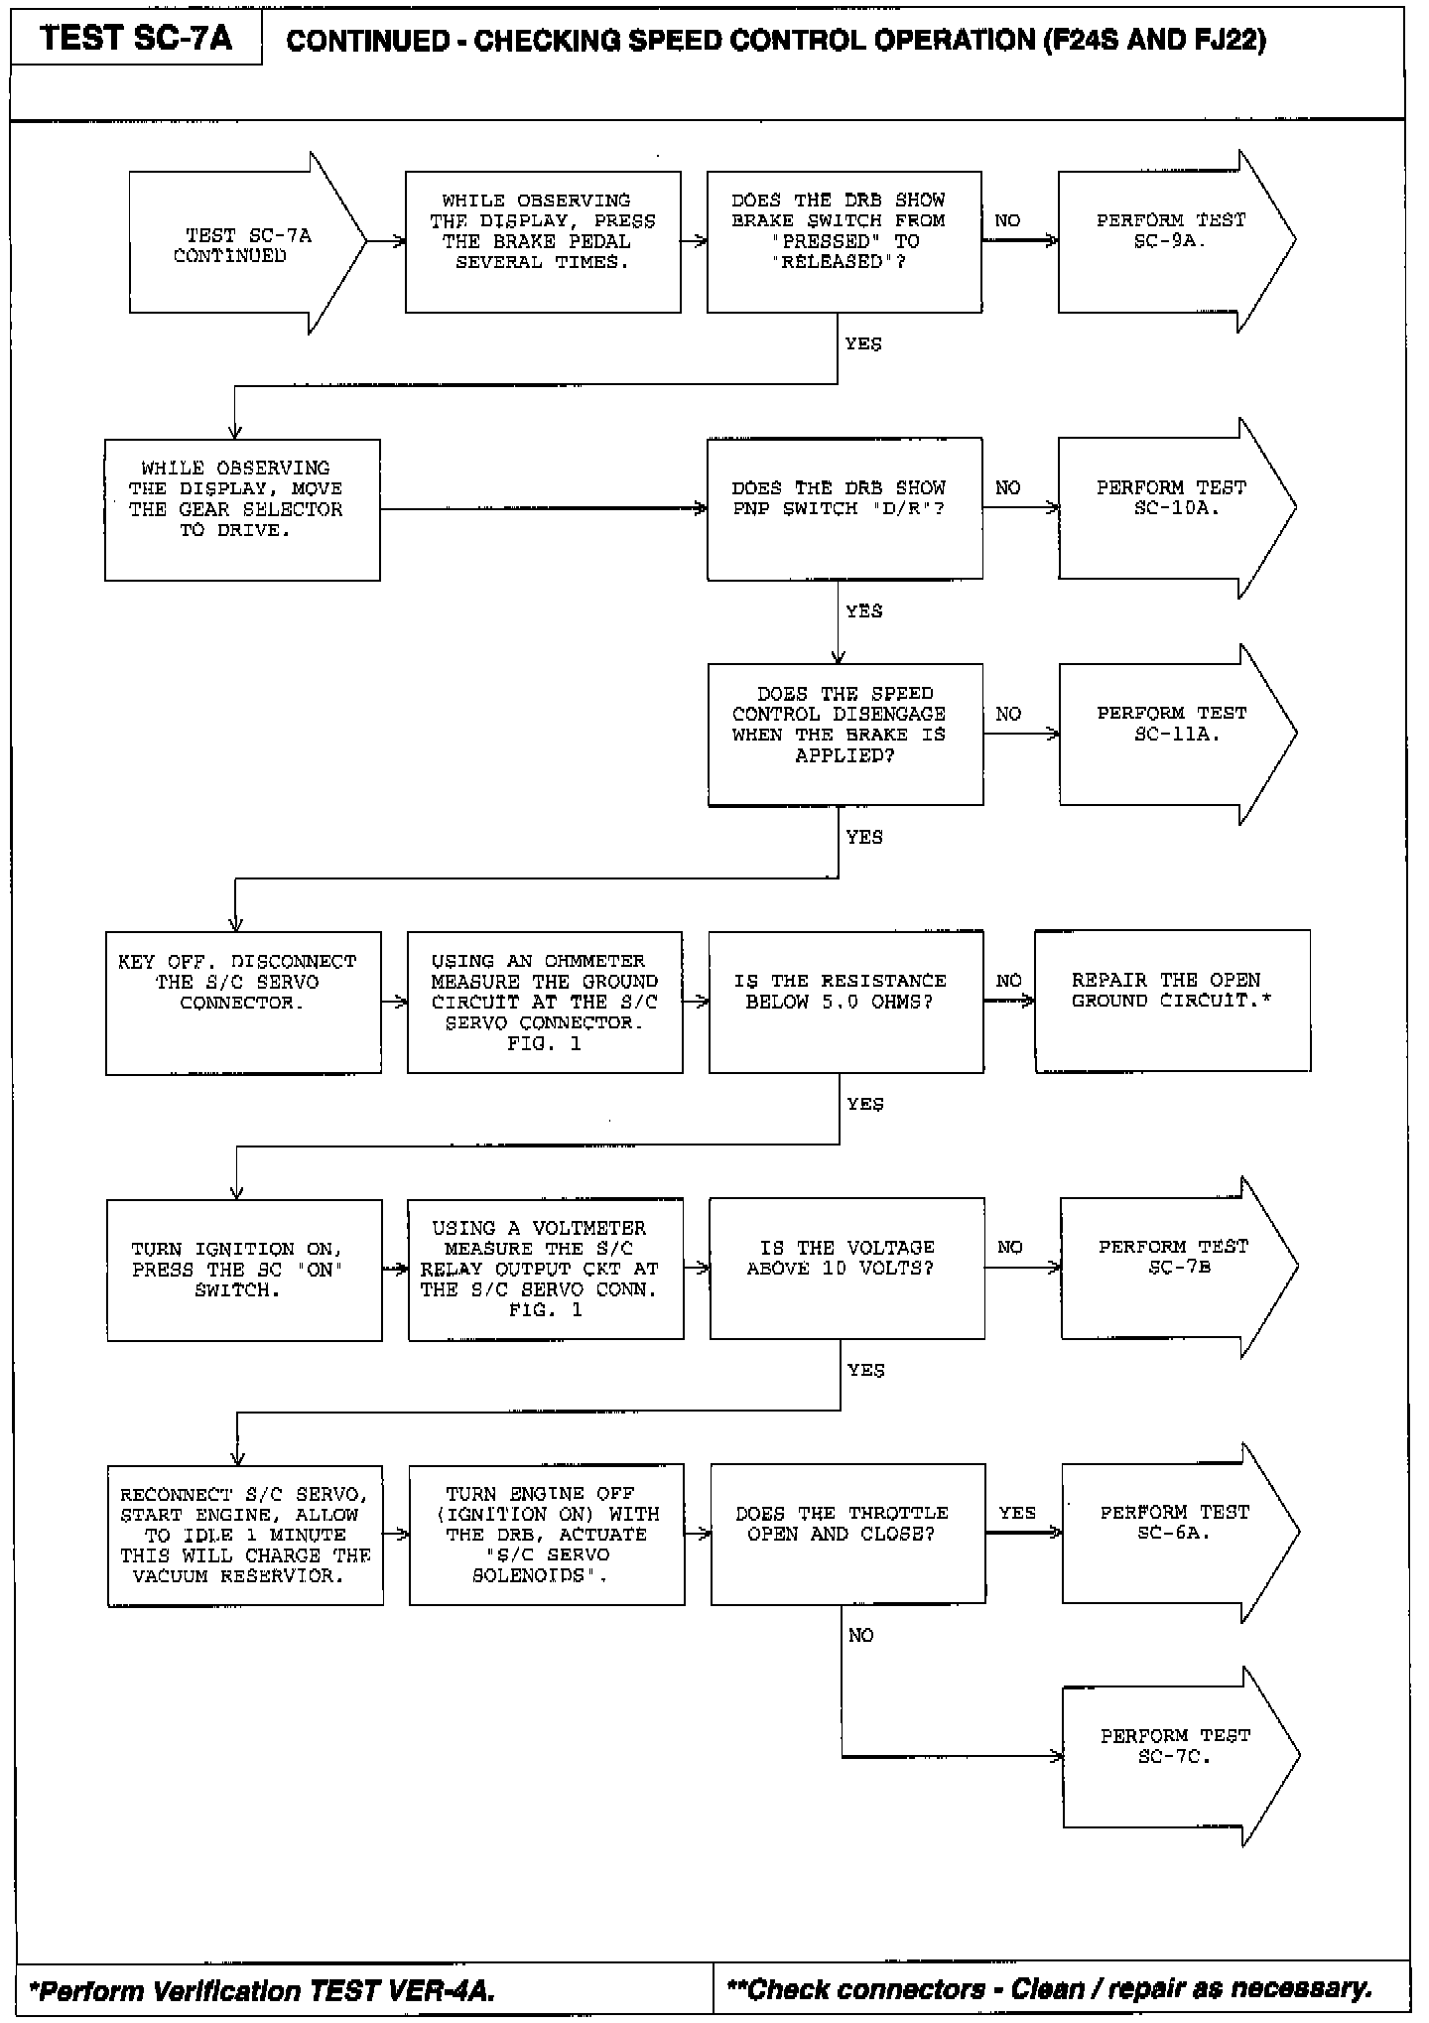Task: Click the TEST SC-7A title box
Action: point(136,39)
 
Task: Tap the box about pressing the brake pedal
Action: point(543,241)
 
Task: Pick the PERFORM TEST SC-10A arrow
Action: point(1171,508)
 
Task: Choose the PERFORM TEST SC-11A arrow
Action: point(1172,734)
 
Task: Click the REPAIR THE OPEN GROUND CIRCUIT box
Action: point(1172,1001)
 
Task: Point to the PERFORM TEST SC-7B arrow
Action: point(1173,1268)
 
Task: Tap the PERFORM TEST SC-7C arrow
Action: point(1175,1757)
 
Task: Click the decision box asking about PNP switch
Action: point(844,508)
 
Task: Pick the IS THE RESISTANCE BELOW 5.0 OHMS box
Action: point(845,1002)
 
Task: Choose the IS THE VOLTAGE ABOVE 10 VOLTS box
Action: point(846,1269)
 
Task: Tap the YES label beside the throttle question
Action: point(1017,1513)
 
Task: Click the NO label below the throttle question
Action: point(861,1635)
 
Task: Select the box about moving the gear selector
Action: point(242,509)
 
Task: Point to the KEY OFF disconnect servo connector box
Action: point(243,1002)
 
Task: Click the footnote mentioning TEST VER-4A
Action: point(263,1990)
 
